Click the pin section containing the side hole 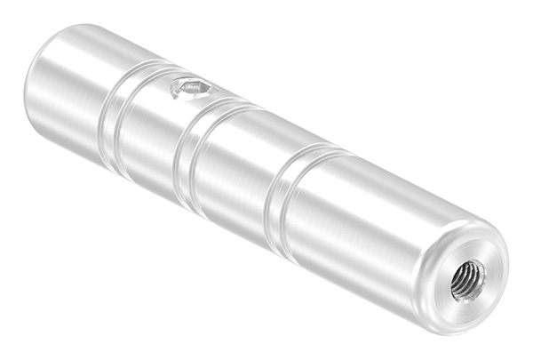(151, 124)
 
